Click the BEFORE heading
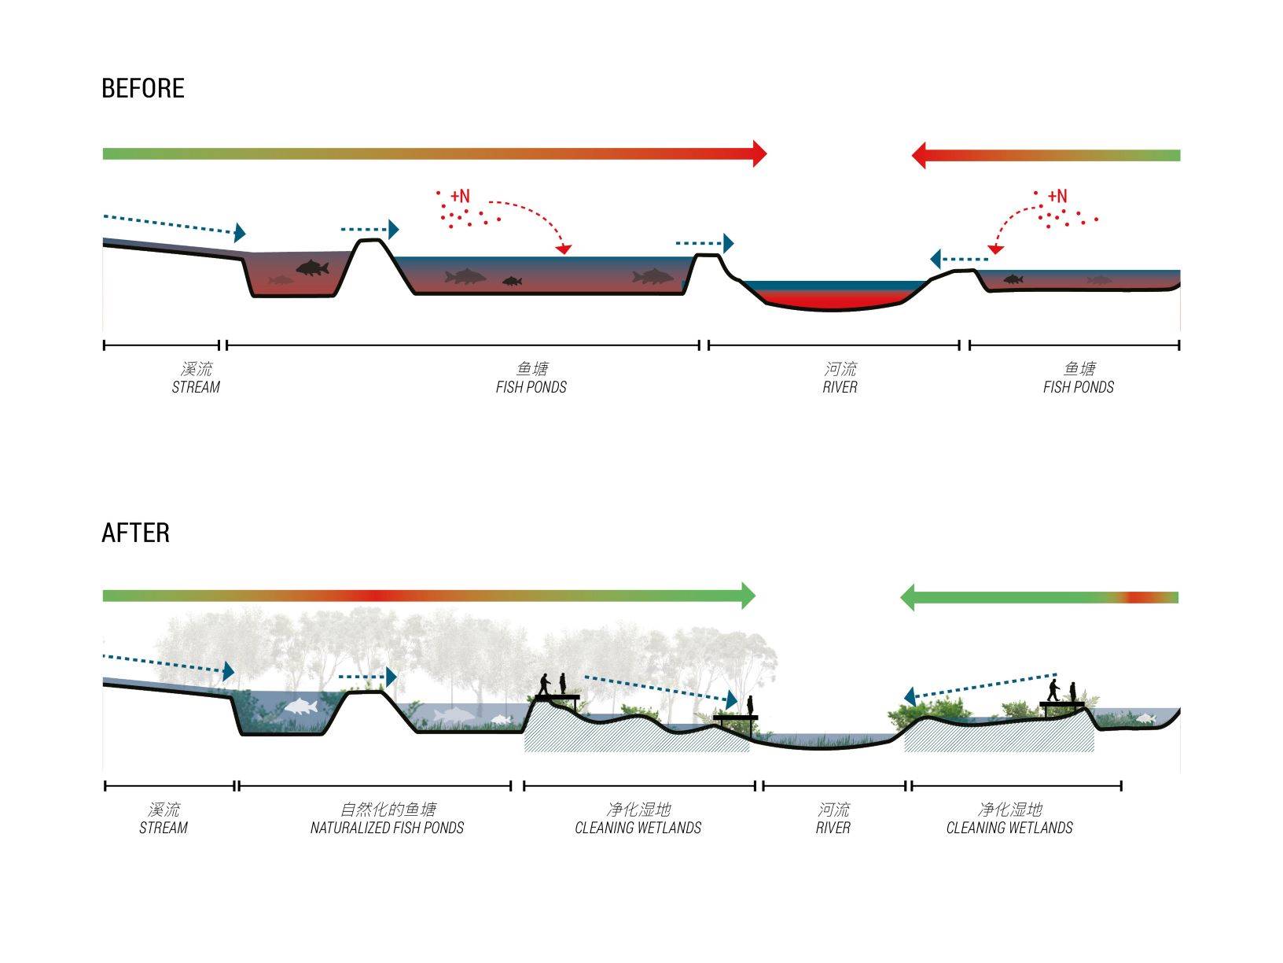coord(142,88)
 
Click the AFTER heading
coord(135,533)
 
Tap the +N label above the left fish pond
coord(460,195)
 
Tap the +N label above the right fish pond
coord(1057,195)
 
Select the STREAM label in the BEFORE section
coord(196,387)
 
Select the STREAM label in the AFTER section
coord(163,828)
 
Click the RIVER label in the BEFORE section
coord(840,387)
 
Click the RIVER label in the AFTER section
coord(833,828)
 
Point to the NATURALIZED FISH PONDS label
coord(387,828)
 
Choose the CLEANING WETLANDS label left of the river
coord(638,828)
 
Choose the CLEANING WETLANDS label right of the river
coord(1009,828)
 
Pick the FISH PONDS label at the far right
coord(1079,387)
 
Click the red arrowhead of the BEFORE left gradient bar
coord(759,153)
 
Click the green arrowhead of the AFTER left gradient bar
coord(748,596)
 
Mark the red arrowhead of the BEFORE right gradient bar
coord(918,155)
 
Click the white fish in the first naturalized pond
coord(300,707)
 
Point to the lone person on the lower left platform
coord(749,705)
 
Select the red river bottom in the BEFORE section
coord(833,301)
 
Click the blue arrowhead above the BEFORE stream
coord(240,232)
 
